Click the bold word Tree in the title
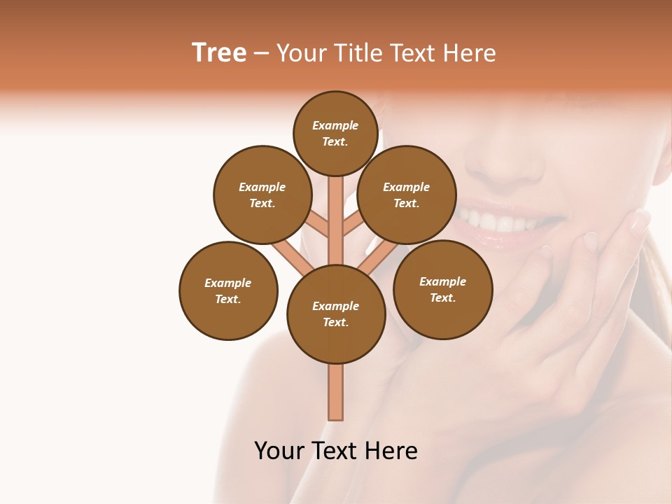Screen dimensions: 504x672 pyautogui.click(x=219, y=52)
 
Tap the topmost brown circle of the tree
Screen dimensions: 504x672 pyautogui.click(x=335, y=133)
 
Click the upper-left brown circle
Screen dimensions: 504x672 pyautogui.click(x=262, y=195)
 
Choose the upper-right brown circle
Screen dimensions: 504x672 pyautogui.click(x=407, y=195)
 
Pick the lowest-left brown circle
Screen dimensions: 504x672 pyautogui.click(x=228, y=290)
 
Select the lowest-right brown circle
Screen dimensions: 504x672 pyautogui.click(x=442, y=289)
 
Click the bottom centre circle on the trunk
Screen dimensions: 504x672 pyautogui.click(x=336, y=314)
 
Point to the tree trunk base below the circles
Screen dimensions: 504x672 pyautogui.click(x=336, y=392)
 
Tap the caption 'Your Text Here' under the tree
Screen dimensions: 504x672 pyautogui.click(x=336, y=451)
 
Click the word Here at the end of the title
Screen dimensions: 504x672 pyautogui.click(x=472, y=53)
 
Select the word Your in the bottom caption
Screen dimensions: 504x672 pyautogui.click(x=279, y=451)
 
